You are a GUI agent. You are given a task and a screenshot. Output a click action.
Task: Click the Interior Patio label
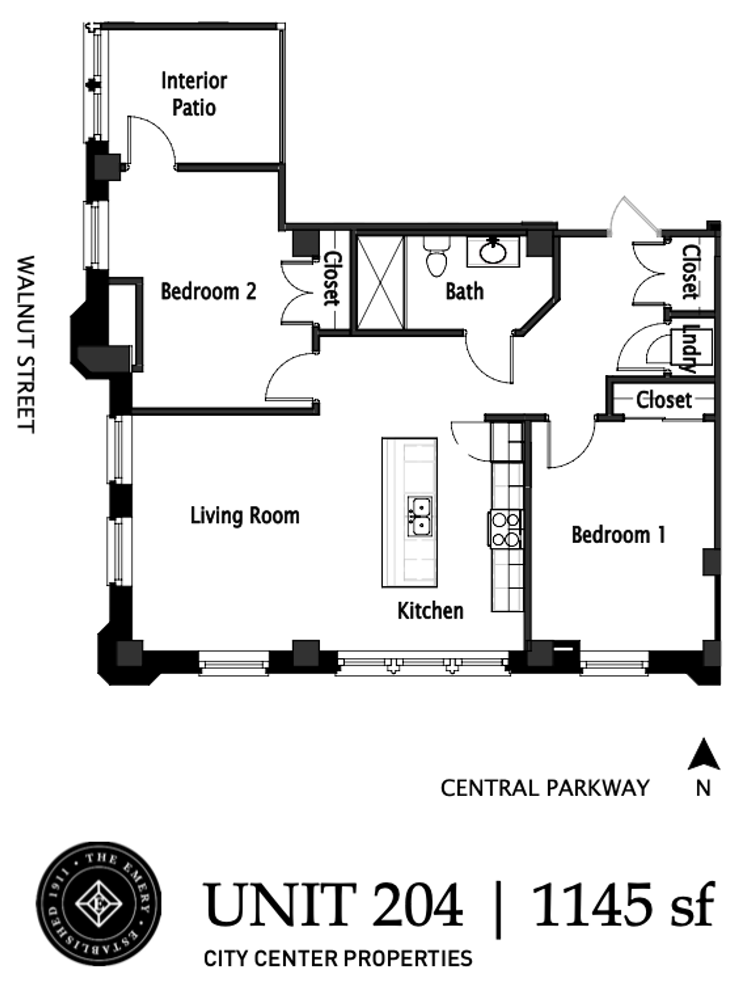pyautogui.click(x=194, y=94)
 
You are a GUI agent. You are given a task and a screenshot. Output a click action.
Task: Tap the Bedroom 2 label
pyautogui.click(x=208, y=291)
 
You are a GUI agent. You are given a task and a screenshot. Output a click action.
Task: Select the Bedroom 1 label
pyautogui.click(x=619, y=535)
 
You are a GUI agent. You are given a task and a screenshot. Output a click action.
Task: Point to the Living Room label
pyautogui.click(x=245, y=516)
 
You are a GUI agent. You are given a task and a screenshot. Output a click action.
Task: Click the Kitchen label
pyautogui.click(x=430, y=611)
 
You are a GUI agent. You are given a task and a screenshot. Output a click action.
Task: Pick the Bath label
pyautogui.click(x=465, y=291)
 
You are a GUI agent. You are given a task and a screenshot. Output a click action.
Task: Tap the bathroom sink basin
pyautogui.click(x=493, y=251)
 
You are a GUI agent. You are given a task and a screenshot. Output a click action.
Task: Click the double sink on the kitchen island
pyautogui.click(x=420, y=516)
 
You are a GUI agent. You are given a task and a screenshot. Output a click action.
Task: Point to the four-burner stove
pyautogui.click(x=506, y=529)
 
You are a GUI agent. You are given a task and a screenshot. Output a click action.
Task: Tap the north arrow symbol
pyautogui.click(x=704, y=754)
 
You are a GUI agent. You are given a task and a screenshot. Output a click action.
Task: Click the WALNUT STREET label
pyautogui.click(x=26, y=344)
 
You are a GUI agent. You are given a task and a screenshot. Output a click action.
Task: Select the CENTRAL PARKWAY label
pyautogui.click(x=545, y=788)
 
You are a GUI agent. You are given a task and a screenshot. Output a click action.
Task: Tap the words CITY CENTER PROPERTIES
pyautogui.click(x=338, y=958)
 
